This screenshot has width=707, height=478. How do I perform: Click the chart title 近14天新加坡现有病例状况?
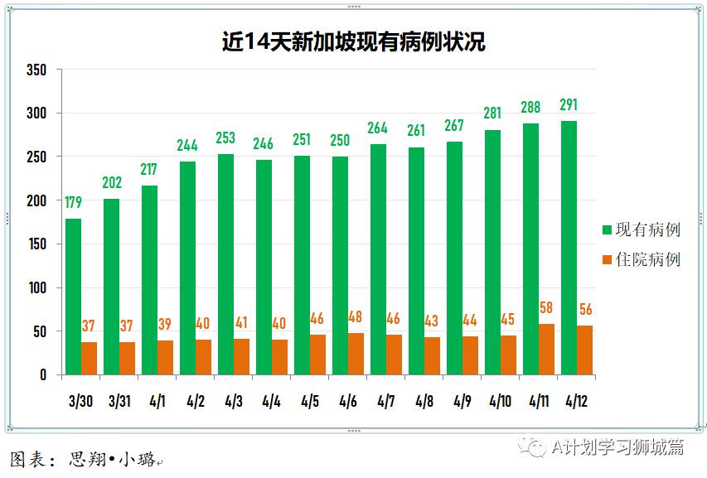point(353,41)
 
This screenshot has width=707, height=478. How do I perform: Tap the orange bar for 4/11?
point(546,349)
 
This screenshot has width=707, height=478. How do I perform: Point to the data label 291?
point(569,105)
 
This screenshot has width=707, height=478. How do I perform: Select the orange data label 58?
point(547,308)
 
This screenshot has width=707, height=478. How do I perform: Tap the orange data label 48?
point(356,316)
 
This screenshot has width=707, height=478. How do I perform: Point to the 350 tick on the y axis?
point(36,70)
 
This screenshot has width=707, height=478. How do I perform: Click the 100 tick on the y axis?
point(36,288)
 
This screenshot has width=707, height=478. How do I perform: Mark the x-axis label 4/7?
point(385,401)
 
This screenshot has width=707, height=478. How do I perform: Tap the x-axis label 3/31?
point(119,401)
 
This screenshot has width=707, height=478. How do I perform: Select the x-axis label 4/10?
point(500,401)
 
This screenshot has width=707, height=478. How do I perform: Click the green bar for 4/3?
point(225,264)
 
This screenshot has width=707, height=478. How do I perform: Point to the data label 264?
point(378,128)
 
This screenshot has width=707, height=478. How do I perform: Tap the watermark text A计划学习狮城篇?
point(617,448)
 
